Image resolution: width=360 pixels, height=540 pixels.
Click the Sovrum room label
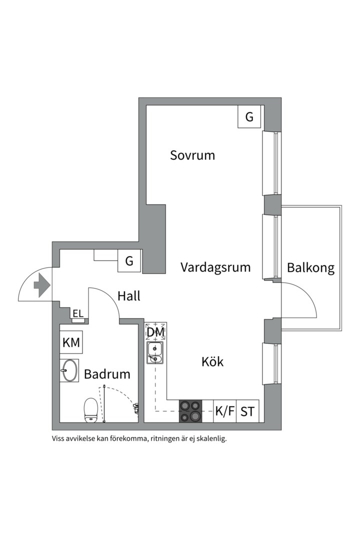pos(192,155)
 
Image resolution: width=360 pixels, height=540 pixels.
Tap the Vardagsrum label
pos(215,267)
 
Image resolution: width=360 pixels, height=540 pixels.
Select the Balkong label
pos(310,267)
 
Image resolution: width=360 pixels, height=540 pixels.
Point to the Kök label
pos(212,361)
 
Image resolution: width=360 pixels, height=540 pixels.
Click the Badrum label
pos(107,374)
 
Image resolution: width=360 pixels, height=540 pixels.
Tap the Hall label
pos(129,296)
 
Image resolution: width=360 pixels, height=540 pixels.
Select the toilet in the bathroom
pos(91,410)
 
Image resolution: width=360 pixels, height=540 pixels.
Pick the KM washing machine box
pos(71,342)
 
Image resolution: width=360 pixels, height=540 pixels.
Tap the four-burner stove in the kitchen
pos(190,411)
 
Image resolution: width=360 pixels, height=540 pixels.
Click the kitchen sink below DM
pos(155,353)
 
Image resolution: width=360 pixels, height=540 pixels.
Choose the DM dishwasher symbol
pos(155,331)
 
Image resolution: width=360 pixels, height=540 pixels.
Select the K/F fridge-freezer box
pos(225,411)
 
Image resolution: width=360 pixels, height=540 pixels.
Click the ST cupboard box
pos(247,411)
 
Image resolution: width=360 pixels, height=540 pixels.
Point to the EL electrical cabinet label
pos(78,313)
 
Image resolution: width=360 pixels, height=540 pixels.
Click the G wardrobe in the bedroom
pos(249,116)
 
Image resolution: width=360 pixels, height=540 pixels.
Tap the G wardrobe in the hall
pos(129,260)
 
